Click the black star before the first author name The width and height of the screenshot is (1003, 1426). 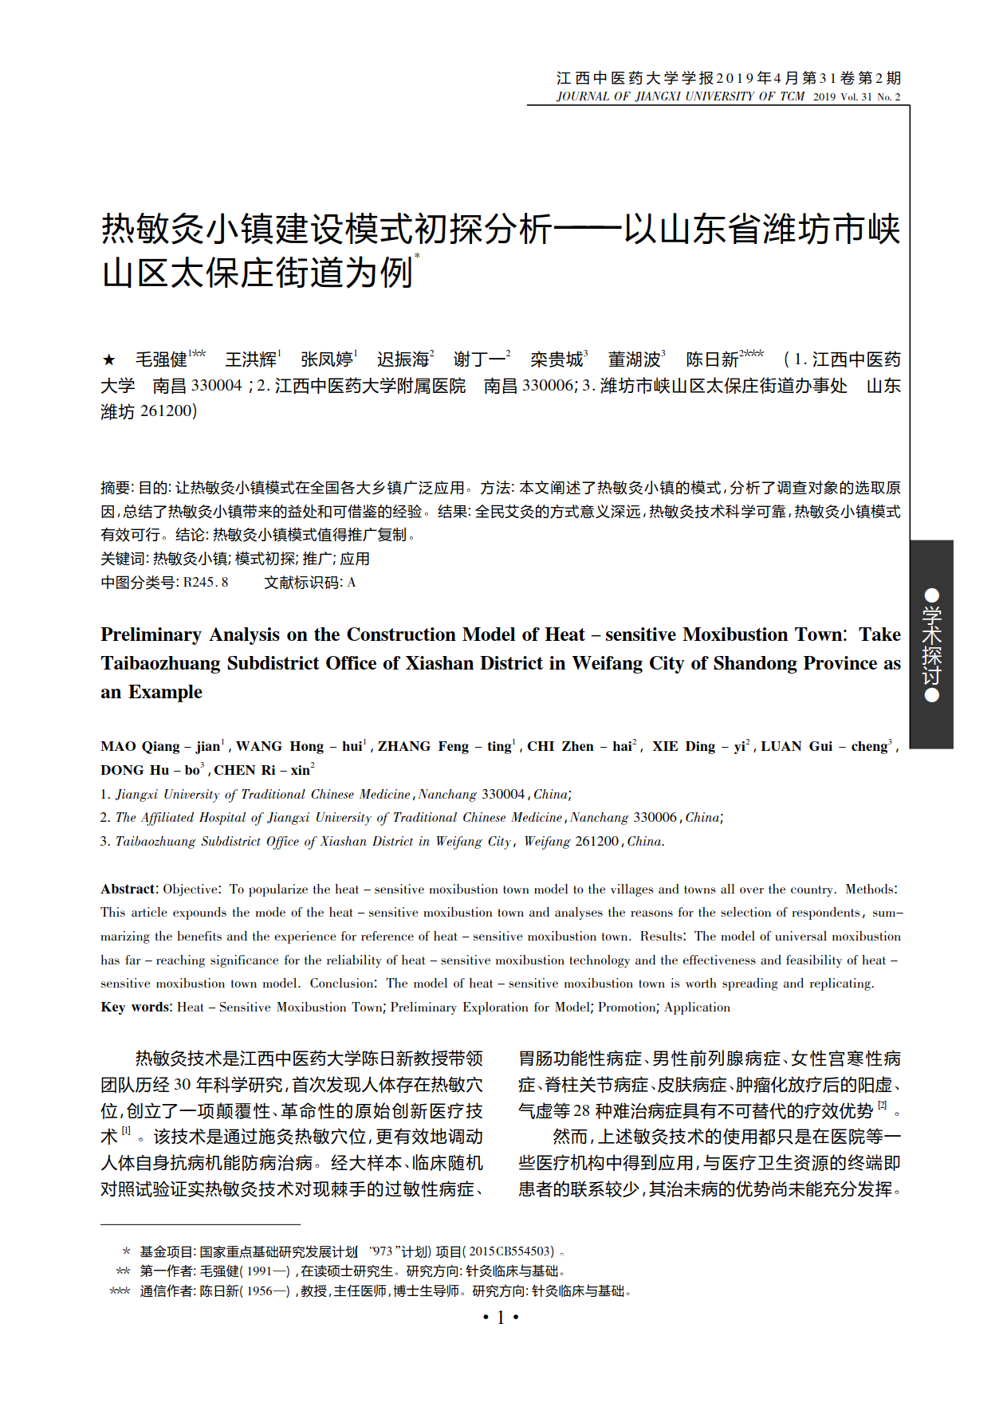click(109, 360)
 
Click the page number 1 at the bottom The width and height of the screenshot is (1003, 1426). click(501, 1318)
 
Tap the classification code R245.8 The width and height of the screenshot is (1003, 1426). click(206, 583)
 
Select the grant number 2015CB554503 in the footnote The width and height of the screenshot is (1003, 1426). click(511, 1251)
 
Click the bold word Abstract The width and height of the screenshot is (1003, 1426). click(128, 889)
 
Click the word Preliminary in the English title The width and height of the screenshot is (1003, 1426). click(151, 634)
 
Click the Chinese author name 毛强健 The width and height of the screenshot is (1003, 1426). click(161, 359)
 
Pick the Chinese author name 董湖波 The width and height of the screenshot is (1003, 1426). click(634, 359)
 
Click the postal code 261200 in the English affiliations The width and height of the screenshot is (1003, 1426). click(596, 841)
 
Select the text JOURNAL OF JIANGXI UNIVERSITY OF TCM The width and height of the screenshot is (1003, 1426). click(680, 96)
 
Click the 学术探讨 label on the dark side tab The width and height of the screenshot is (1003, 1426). click(931, 645)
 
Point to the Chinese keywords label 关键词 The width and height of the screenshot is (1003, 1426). click(123, 559)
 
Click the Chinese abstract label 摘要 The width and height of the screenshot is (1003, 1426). click(116, 488)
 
